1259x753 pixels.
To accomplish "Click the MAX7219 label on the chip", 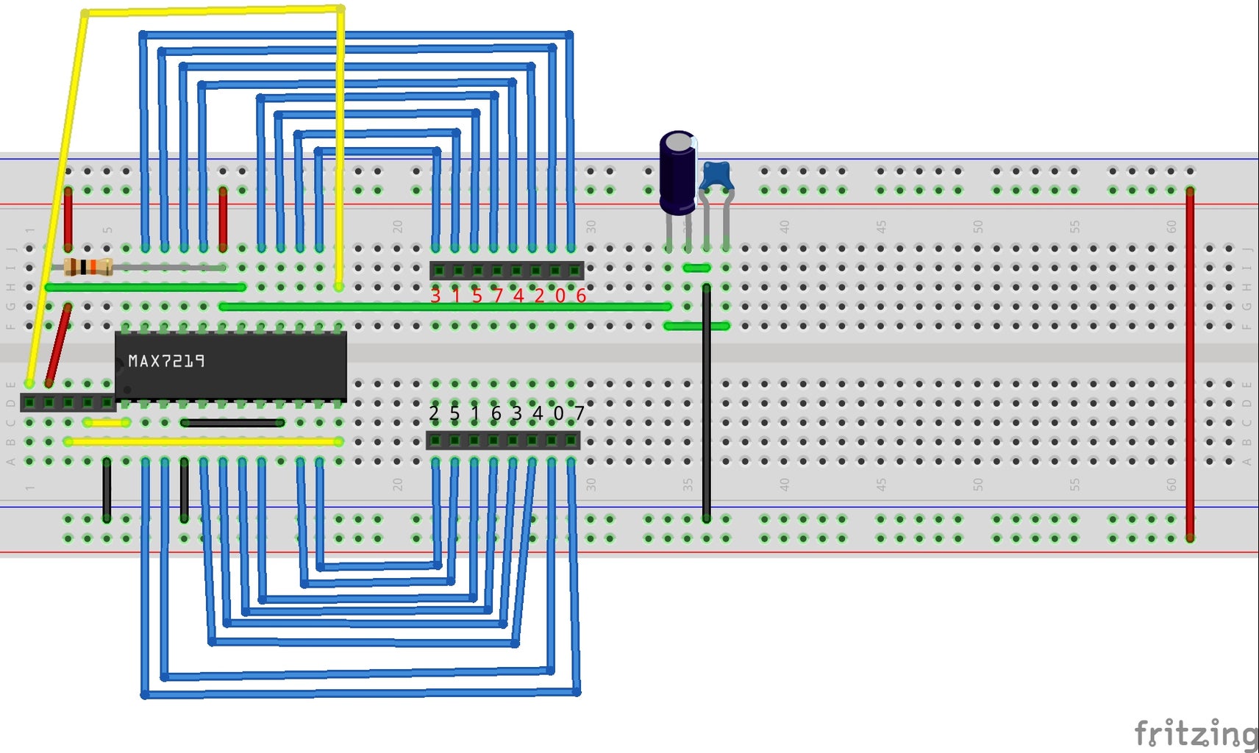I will coord(166,361).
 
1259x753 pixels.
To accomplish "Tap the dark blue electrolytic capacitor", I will coord(677,172).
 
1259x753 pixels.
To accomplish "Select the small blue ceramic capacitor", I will coord(715,177).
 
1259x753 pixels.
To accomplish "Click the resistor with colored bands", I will coord(88,267).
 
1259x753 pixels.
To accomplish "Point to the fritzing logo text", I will coord(1195,733).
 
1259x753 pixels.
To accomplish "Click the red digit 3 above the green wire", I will coord(435,296).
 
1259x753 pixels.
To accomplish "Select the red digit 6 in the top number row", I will coord(581,296).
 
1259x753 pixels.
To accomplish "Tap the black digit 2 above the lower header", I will coord(434,414).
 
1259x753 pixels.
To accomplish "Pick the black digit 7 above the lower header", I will coord(579,414).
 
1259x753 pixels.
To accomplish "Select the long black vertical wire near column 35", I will coord(706,404).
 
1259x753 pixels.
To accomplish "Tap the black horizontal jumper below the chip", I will coord(232,423).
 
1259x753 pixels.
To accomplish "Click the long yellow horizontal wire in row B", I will coord(203,441).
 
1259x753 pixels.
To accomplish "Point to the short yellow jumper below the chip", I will coord(107,423).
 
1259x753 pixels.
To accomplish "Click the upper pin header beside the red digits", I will coord(507,271).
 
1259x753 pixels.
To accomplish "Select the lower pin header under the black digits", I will coord(503,440).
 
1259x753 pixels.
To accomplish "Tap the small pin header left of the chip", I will coord(68,403).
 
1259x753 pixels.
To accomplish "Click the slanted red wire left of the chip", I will coord(59,344).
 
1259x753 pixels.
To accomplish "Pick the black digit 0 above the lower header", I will coord(559,414).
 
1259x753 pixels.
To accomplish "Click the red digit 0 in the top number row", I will coord(560,296).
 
